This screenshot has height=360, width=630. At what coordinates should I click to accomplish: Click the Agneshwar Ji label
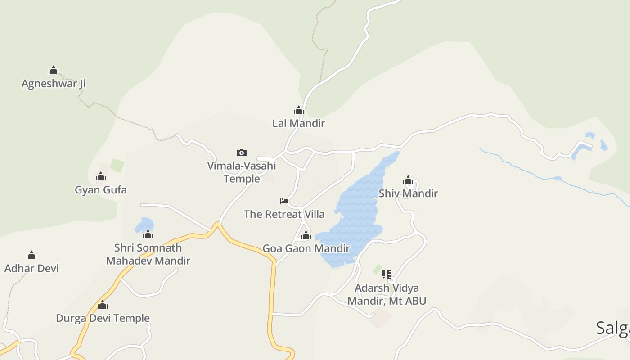click(x=54, y=84)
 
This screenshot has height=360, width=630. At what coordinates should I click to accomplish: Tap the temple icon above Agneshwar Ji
click(x=54, y=70)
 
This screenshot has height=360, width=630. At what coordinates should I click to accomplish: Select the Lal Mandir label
click(x=298, y=123)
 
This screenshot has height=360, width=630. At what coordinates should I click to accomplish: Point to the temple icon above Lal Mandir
click(x=298, y=110)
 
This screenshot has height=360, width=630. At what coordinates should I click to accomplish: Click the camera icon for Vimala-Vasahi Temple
click(x=242, y=153)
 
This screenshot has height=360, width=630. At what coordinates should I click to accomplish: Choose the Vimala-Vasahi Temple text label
click(x=242, y=172)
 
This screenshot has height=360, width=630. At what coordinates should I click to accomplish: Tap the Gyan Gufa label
click(x=101, y=190)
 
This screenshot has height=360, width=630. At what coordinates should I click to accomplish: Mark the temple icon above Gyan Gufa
click(x=101, y=176)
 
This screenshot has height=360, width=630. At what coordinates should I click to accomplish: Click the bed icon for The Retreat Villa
click(x=284, y=201)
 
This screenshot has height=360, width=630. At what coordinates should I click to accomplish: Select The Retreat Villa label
click(x=284, y=214)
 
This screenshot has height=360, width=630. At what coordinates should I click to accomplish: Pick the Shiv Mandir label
click(x=408, y=193)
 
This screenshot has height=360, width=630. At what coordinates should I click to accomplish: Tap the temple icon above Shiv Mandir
click(x=408, y=180)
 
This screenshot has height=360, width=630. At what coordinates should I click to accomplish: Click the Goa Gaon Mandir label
click(x=306, y=248)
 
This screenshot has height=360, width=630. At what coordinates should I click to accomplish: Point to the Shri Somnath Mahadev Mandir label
click(x=148, y=254)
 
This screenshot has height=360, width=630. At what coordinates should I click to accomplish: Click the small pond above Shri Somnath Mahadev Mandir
click(x=144, y=225)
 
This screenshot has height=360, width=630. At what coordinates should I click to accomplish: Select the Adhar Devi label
click(x=31, y=269)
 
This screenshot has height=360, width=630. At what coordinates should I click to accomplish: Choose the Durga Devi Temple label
click(x=103, y=318)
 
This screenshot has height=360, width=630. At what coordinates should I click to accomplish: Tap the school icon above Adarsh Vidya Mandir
click(x=386, y=274)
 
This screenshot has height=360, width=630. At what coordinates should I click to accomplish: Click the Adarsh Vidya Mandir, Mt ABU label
click(x=387, y=294)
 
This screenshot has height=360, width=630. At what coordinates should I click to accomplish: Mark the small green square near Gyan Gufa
click(x=117, y=165)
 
